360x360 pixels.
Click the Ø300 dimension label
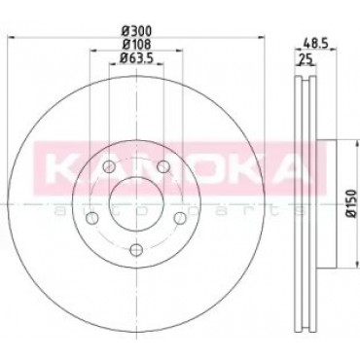coord(136,31)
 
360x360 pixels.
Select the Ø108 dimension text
coord(136,44)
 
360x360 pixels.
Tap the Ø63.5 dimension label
coord(136,57)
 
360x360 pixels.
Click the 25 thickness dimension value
coord(306,59)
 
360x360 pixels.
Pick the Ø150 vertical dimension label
coord(352,204)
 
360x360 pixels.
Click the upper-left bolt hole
coord(109,167)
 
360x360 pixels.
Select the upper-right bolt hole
coord(163,167)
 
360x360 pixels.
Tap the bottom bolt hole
coord(136,250)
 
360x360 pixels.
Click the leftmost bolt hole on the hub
coord(92,218)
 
